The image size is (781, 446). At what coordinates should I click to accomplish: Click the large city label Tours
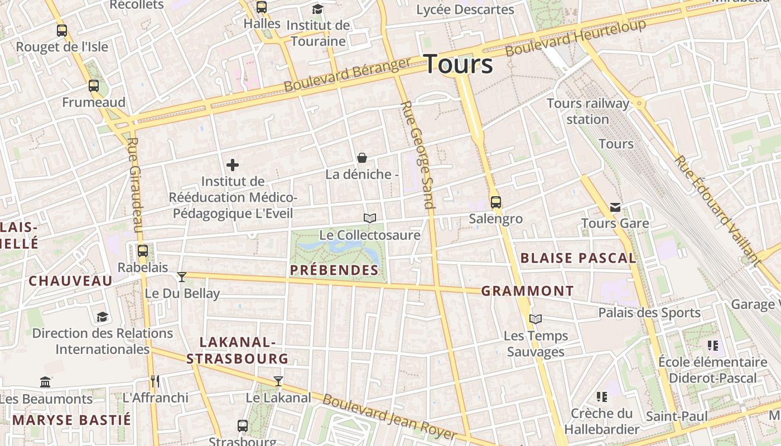pyautogui.click(x=459, y=64)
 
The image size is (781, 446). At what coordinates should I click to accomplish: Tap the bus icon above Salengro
pyautogui.click(x=495, y=202)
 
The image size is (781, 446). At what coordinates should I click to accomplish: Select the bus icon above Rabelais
pyautogui.click(x=143, y=251)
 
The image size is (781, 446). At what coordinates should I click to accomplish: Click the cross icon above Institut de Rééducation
pyautogui.click(x=233, y=165)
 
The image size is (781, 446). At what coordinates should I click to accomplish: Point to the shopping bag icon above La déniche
pyautogui.click(x=362, y=158)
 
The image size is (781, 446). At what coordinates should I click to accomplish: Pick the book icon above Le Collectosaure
pyautogui.click(x=370, y=218)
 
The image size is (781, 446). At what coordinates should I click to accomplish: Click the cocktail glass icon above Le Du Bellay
pyautogui.click(x=182, y=277)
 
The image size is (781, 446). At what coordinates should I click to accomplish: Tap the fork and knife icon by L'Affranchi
pyautogui.click(x=155, y=381)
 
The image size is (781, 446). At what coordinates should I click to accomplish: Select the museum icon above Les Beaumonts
pyautogui.click(x=46, y=382)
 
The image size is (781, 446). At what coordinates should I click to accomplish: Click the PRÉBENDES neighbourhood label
pyautogui.click(x=334, y=270)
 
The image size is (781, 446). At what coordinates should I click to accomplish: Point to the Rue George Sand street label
pyautogui.click(x=417, y=155)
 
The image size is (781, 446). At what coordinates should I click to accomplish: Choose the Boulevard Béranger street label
pyautogui.click(x=348, y=75)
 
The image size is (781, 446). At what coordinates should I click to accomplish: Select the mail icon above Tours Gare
pyautogui.click(x=615, y=207)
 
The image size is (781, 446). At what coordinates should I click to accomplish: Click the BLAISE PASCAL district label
pyautogui.click(x=578, y=258)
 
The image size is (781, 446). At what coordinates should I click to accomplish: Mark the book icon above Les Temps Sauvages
pyautogui.click(x=536, y=319)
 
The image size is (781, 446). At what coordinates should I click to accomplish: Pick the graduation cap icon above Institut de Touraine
pyautogui.click(x=317, y=9)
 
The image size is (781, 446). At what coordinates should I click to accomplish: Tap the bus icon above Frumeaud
pyautogui.click(x=94, y=86)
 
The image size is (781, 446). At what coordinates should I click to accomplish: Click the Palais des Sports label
pyautogui.click(x=649, y=313)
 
